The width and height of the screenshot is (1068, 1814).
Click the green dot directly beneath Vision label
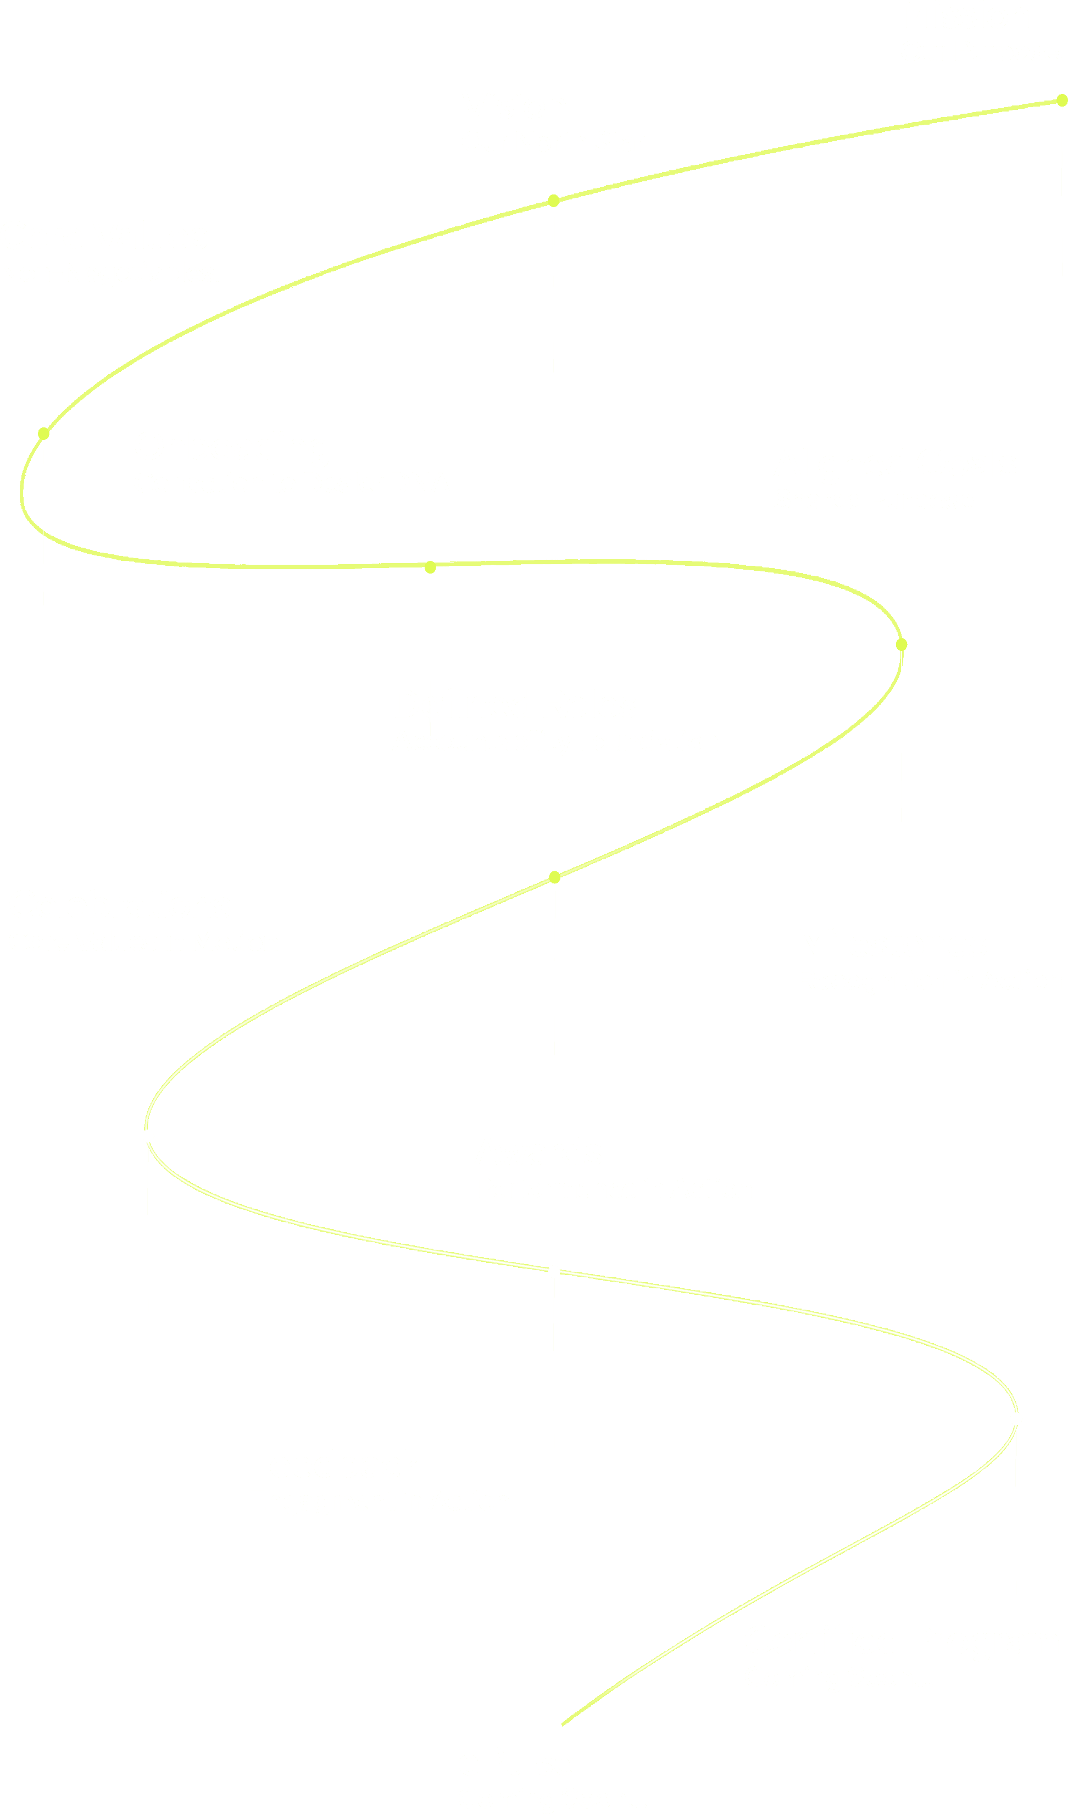coord(553,201)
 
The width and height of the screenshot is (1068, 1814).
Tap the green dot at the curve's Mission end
coord(1061,100)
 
